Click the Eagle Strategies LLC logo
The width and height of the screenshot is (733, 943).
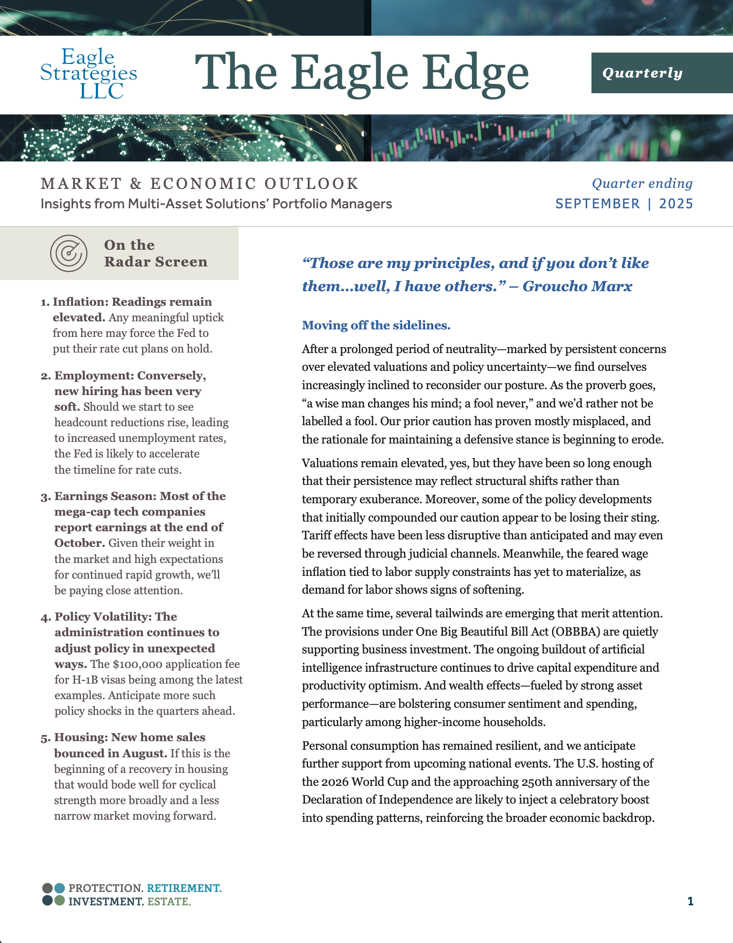point(89,73)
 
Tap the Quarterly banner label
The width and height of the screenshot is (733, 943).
point(642,73)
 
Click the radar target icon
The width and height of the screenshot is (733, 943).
point(68,253)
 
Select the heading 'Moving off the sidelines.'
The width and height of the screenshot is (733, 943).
point(376,325)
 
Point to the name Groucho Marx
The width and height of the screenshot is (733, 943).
point(577,286)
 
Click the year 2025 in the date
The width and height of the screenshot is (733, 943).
point(676,204)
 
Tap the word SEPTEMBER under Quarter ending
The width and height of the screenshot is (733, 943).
point(597,204)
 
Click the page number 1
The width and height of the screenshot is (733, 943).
point(690,901)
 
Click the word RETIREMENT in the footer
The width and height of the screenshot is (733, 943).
point(184,888)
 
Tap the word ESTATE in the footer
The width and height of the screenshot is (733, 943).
point(169,902)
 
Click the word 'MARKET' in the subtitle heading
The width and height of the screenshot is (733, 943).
point(81,184)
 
